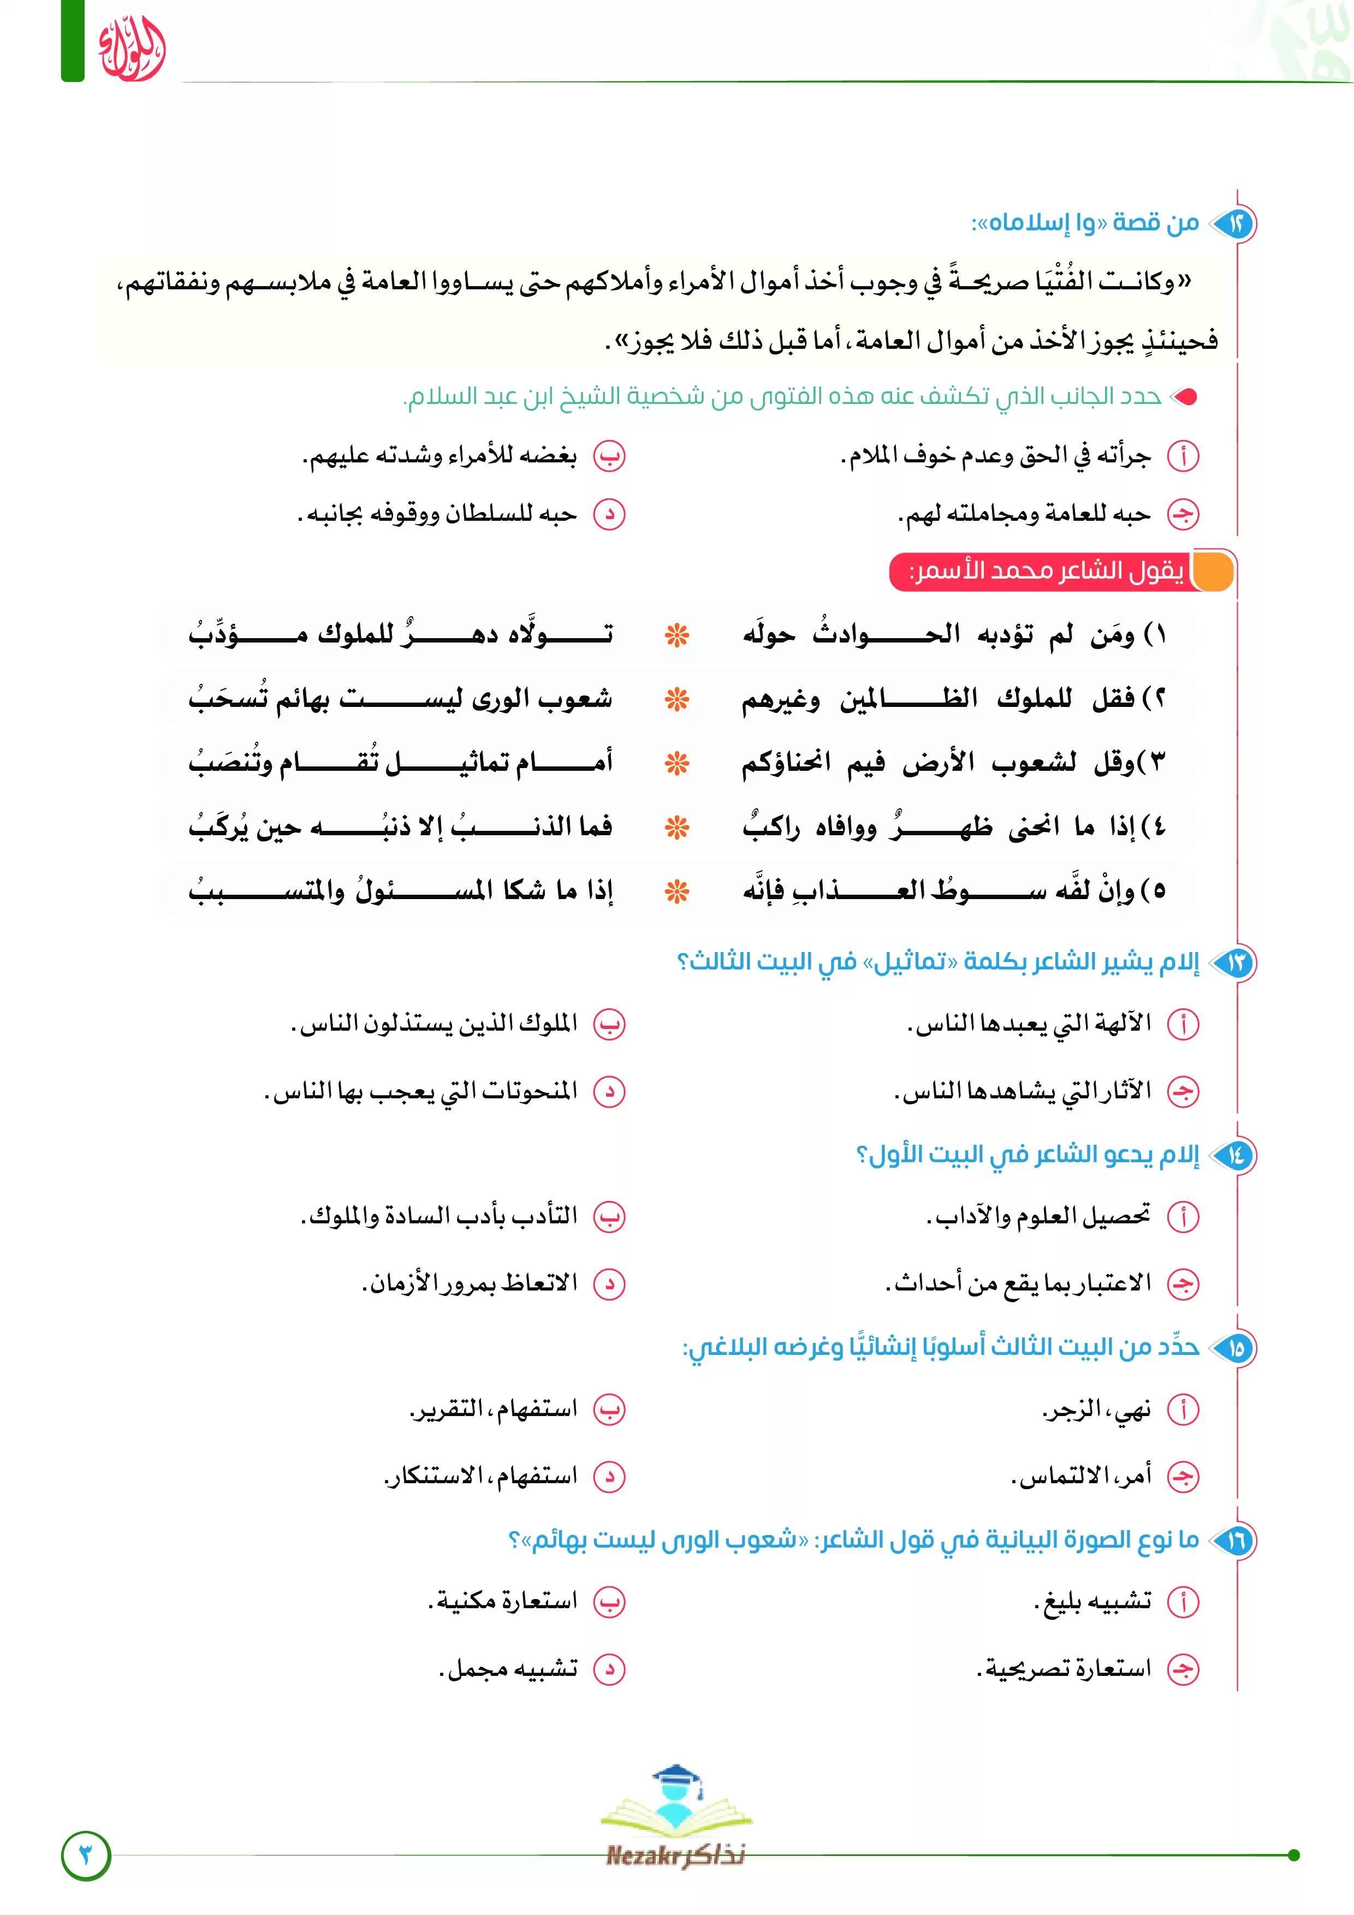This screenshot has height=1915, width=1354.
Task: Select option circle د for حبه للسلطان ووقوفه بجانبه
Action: (x=609, y=515)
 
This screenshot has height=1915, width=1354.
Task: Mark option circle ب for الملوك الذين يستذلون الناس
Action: (x=609, y=1024)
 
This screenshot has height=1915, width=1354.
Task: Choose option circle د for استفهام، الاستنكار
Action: (x=609, y=1476)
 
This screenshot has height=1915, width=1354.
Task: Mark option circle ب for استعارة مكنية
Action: (x=609, y=1602)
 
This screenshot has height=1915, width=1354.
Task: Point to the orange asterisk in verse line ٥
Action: (x=676, y=891)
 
